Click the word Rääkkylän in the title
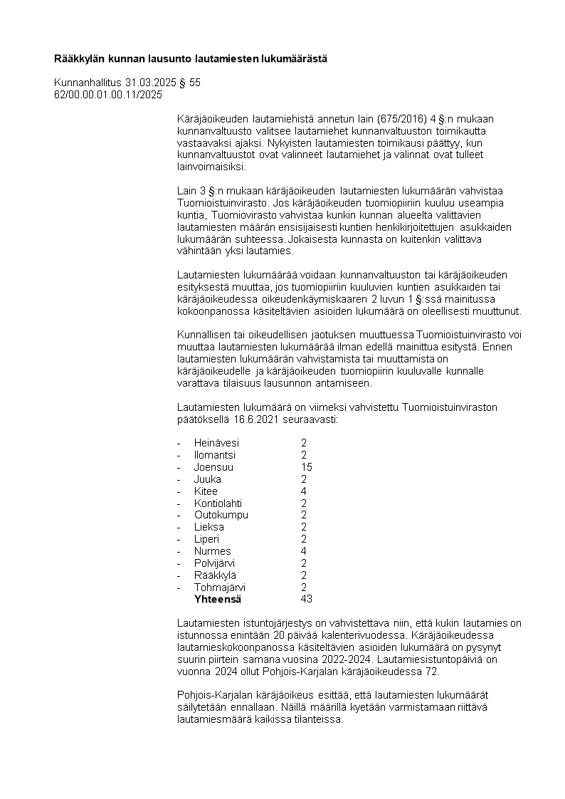coord(78,58)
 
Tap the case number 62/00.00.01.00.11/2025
coord(108,94)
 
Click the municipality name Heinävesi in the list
coord(216,443)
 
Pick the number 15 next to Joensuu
coord(307,467)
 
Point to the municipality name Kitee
coord(206,491)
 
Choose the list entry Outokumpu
coord(221,515)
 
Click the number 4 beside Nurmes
coord(304,551)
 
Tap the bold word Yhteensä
coord(218,599)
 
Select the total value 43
coord(307,599)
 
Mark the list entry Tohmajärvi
coord(220,587)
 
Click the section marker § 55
coord(190,83)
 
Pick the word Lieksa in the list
coord(208,527)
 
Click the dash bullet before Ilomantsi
coord(179,455)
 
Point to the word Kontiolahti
coord(218,503)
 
